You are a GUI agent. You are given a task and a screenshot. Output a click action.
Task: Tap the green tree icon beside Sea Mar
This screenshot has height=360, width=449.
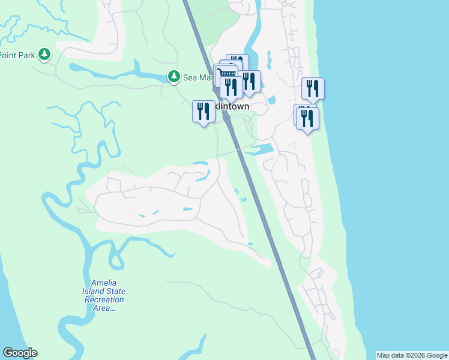coord(173,77)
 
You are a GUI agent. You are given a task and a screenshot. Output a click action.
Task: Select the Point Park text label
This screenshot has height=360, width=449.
coord(16,55)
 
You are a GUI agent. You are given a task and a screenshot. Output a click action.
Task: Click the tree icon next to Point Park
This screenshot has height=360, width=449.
coord(44,55)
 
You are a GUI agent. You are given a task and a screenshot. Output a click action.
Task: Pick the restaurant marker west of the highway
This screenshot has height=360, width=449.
coord(203,112)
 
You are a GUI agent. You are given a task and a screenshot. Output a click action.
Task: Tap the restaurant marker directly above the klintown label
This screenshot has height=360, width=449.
coord(231,88)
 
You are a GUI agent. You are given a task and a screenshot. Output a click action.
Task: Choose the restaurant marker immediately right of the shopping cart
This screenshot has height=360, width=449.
coord(250,82)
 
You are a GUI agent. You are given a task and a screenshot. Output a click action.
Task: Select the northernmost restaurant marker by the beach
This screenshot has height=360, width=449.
coord(313,89)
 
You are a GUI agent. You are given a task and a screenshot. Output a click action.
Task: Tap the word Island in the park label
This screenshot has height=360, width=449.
coord(95,292)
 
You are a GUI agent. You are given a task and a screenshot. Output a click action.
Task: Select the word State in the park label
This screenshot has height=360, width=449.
coord(116,292)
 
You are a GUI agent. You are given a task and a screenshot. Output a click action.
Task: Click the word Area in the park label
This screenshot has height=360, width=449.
coord(104,308)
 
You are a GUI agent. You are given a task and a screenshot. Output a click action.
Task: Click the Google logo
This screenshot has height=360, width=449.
coord(20,353)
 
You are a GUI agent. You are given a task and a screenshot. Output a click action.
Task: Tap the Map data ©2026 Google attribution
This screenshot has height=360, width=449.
coord(412,355)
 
